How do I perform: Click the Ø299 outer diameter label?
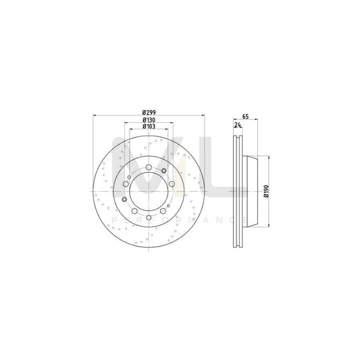click(x=149, y=113)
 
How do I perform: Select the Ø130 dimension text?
click(x=149, y=120)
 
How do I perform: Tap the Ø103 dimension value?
click(x=149, y=126)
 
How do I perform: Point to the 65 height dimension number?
click(x=245, y=116)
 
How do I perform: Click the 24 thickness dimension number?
click(x=238, y=125)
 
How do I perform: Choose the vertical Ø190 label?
click(x=266, y=191)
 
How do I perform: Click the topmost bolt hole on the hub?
click(x=149, y=167)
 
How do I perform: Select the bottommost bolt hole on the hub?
click(x=149, y=217)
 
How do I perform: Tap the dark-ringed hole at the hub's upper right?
click(x=163, y=171)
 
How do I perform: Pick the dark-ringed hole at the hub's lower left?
click(x=124, y=199)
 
